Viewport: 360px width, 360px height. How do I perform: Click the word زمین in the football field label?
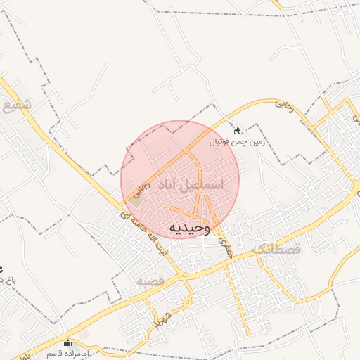[254, 141]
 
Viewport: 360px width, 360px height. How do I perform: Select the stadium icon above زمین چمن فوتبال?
[237, 131]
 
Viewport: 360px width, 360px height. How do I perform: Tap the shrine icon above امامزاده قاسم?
[67, 343]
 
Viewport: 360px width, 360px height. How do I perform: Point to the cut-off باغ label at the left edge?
[7, 279]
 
